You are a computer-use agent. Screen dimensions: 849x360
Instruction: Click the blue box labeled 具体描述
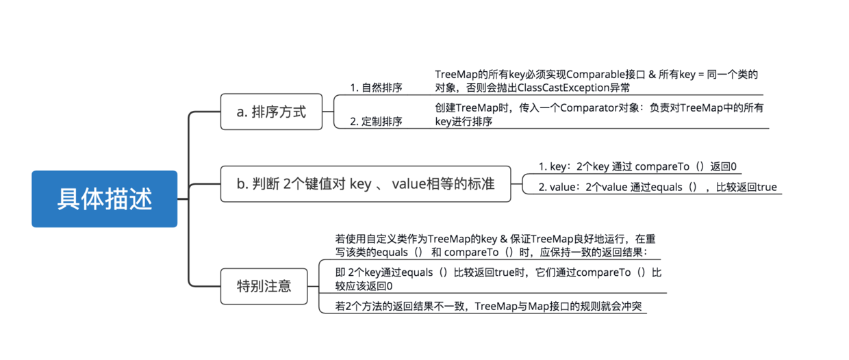(104, 199)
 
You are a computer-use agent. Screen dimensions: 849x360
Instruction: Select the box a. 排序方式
(271, 112)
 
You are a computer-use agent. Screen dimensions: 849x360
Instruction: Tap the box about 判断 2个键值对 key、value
(366, 184)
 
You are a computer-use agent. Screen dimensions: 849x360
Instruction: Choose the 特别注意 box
(264, 286)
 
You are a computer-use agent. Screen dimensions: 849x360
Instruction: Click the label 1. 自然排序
(376, 88)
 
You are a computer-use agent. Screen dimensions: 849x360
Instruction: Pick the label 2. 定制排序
(376, 121)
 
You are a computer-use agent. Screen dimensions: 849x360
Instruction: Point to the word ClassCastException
(563, 88)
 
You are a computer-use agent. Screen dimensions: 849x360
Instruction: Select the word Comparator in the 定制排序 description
(589, 108)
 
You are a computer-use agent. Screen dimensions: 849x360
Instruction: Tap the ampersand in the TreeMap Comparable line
(652, 75)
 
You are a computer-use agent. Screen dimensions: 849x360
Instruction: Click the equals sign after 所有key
(701, 75)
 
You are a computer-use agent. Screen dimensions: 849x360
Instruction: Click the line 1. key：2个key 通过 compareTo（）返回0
(637, 166)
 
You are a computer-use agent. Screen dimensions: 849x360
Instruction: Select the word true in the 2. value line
(765, 187)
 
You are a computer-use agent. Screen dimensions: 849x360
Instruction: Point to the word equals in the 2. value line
(666, 188)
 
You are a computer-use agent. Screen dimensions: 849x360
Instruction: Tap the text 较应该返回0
(364, 286)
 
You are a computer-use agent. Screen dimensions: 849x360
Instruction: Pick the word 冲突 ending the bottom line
(631, 306)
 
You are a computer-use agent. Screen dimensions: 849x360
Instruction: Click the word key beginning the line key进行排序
(443, 122)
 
